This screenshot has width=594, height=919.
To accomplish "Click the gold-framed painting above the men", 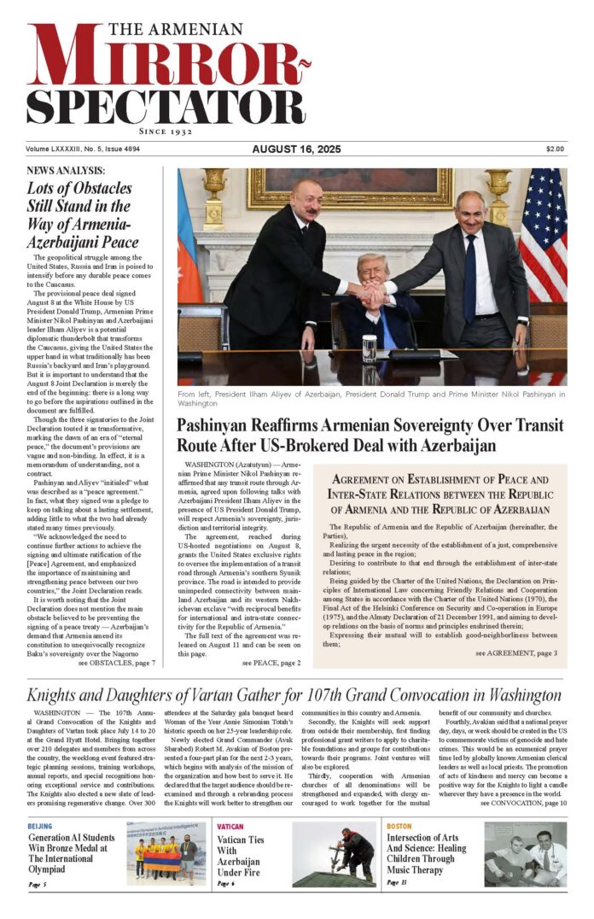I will point(350,188).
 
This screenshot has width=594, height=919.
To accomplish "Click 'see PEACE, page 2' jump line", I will point(271,662).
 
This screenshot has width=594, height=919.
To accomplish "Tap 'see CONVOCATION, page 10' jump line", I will point(522,803).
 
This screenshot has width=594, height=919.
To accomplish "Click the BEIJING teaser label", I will point(39,827).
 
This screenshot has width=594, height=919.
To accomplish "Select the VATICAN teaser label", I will point(230,827).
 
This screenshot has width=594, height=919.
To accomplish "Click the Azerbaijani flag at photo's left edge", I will point(189,248).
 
